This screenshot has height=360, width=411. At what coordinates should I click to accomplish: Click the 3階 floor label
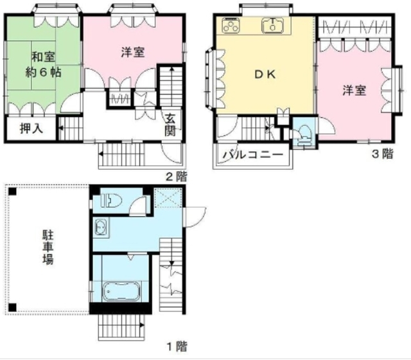pyautogui.click(x=383, y=154)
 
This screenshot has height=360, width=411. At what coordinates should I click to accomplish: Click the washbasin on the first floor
pyautogui.click(x=101, y=227)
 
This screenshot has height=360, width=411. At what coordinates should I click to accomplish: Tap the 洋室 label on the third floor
pyautogui.click(x=353, y=91)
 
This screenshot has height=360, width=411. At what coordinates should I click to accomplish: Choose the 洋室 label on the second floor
pyautogui.click(x=132, y=53)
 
